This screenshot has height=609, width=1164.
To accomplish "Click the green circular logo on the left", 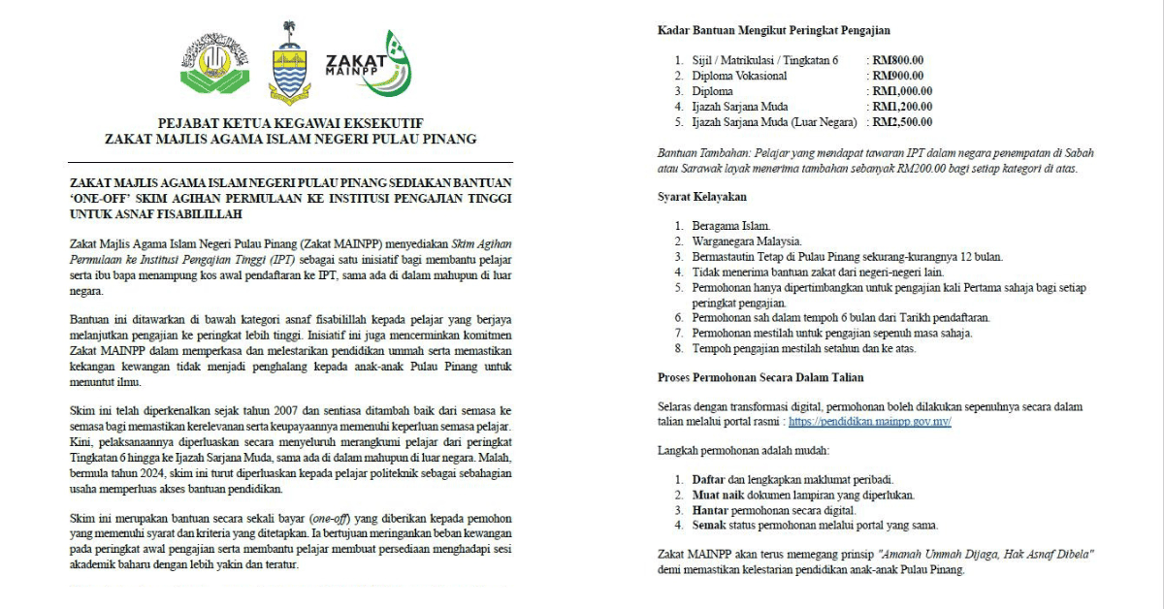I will tap(215, 67).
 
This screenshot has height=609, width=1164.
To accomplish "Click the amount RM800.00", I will tap(897, 60).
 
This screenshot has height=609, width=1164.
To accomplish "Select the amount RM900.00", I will tap(897, 76).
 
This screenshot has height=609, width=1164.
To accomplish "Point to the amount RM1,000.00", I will tap(901, 91).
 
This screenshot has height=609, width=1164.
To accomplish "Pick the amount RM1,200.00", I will tap(901, 107).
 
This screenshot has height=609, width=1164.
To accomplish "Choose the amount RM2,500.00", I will tap(901, 122).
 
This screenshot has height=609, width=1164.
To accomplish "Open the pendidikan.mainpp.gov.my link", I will tap(869, 423).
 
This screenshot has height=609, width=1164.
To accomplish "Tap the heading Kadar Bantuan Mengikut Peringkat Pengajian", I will tap(773, 31).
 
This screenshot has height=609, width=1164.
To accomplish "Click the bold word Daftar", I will tap(709, 480).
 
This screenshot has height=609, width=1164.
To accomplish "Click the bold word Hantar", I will tap(711, 510).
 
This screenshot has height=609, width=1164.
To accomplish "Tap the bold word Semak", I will tap(710, 526).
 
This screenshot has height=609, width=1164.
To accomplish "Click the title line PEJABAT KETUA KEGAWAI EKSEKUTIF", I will tap(290, 122).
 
